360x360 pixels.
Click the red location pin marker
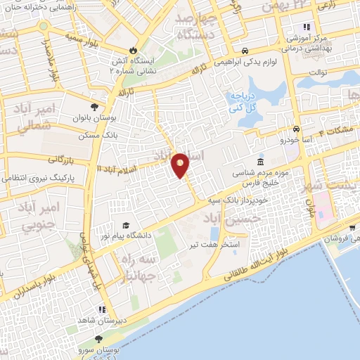[181, 165]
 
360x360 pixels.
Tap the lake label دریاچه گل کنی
[240, 102]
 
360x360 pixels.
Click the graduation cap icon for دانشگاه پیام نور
[126, 226]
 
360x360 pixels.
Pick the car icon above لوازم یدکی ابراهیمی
[243, 51]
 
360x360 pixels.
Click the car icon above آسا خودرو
[297, 129]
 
